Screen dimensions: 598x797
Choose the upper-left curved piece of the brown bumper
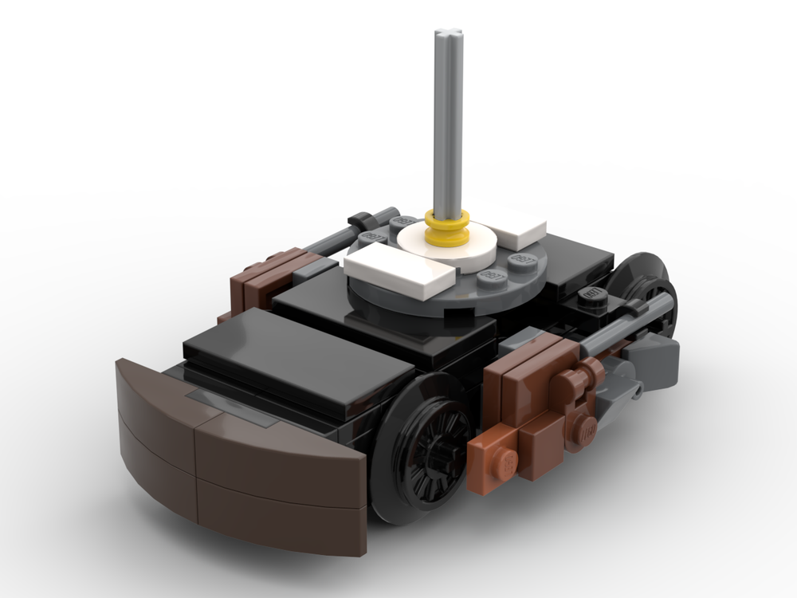[155, 395]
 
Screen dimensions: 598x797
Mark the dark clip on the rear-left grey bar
[361, 219]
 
